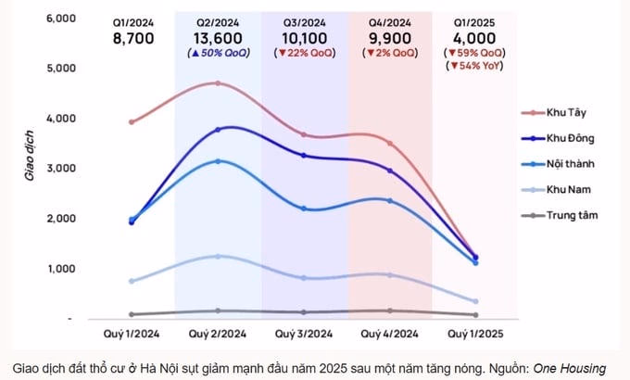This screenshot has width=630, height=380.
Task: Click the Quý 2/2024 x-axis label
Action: (217, 333)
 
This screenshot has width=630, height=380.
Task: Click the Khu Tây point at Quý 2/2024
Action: (218, 83)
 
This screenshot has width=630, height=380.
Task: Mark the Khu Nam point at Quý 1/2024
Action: (132, 281)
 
